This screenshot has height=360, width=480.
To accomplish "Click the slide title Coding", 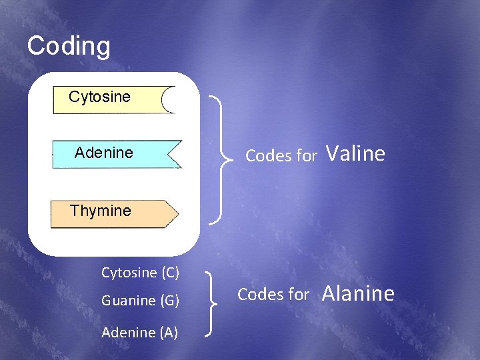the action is pyautogui.click(x=69, y=46).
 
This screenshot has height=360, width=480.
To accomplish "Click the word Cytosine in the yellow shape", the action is pyautogui.click(x=99, y=97).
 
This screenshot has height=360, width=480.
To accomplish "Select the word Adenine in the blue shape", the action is pyautogui.click(x=104, y=153).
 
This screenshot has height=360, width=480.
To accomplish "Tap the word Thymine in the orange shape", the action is pyautogui.click(x=101, y=211).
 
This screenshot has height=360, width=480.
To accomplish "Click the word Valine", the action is pyautogui.click(x=355, y=153).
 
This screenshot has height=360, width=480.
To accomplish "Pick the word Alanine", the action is pyautogui.click(x=359, y=293).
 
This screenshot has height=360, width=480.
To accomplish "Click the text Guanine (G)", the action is pyautogui.click(x=140, y=301).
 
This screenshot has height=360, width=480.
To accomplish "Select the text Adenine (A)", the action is pyautogui.click(x=139, y=333).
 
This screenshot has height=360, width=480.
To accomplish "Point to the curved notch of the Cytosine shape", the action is pyautogui.click(x=167, y=100).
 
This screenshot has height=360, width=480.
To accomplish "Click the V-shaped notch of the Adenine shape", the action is pyautogui.click(x=172, y=154).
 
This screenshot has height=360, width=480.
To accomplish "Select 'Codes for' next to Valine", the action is pyautogui.click(x=281, y=156).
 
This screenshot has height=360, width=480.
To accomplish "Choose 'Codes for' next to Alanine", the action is pyautogui.click(x=273, y=294).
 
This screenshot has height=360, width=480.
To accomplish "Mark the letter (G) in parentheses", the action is pyautogui.click(x=169, y=301).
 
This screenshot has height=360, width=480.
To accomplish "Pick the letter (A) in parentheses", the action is pyautogui.click(x=169, y=333).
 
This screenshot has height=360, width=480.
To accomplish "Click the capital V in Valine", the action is pyautogui.click(x=331, y=153).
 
